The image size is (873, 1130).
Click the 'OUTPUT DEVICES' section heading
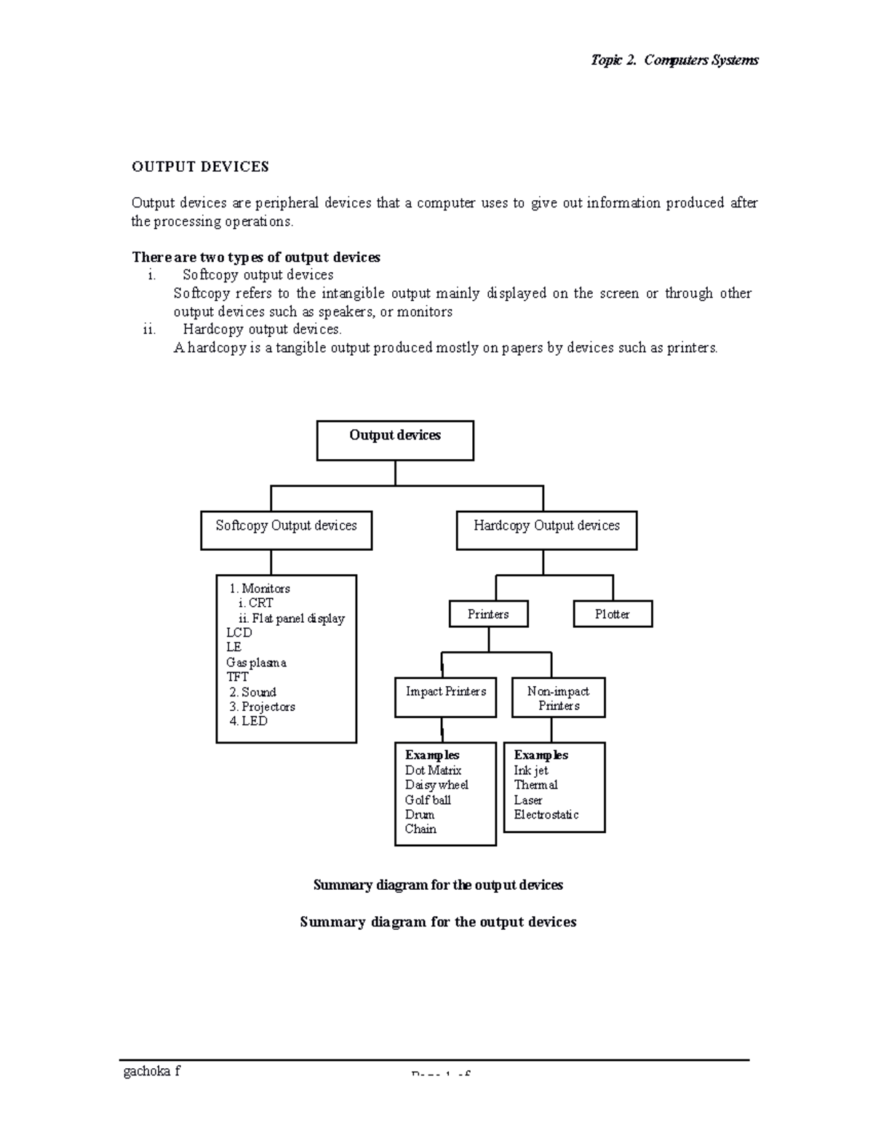pos(200,167)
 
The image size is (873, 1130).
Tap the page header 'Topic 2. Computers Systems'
pos(674,60)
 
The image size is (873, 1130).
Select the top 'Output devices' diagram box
pos(395,440)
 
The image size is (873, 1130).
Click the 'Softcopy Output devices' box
pos(286,530)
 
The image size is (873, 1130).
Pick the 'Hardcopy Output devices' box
pos(546,530)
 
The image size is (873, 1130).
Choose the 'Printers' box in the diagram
pos(488,614)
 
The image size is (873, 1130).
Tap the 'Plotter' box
pos(613,614)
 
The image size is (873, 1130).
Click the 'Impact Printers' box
pos(446,696)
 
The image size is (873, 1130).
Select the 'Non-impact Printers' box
pos(558,698)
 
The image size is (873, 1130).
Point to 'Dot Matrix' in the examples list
pos(433,770)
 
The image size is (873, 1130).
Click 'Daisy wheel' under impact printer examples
pos(436,784)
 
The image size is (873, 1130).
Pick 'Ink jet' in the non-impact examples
pos(531,770)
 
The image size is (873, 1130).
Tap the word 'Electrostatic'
pos(546,814)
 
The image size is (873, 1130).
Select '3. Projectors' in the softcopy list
pos(262,707)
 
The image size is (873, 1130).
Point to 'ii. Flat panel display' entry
pos(291,618)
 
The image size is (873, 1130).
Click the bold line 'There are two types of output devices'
pos(256,258)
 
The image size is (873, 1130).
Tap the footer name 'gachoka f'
pos(152,1071)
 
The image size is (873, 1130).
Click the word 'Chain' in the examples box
pos(420,829)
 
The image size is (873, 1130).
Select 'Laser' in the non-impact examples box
pos(528,800)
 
